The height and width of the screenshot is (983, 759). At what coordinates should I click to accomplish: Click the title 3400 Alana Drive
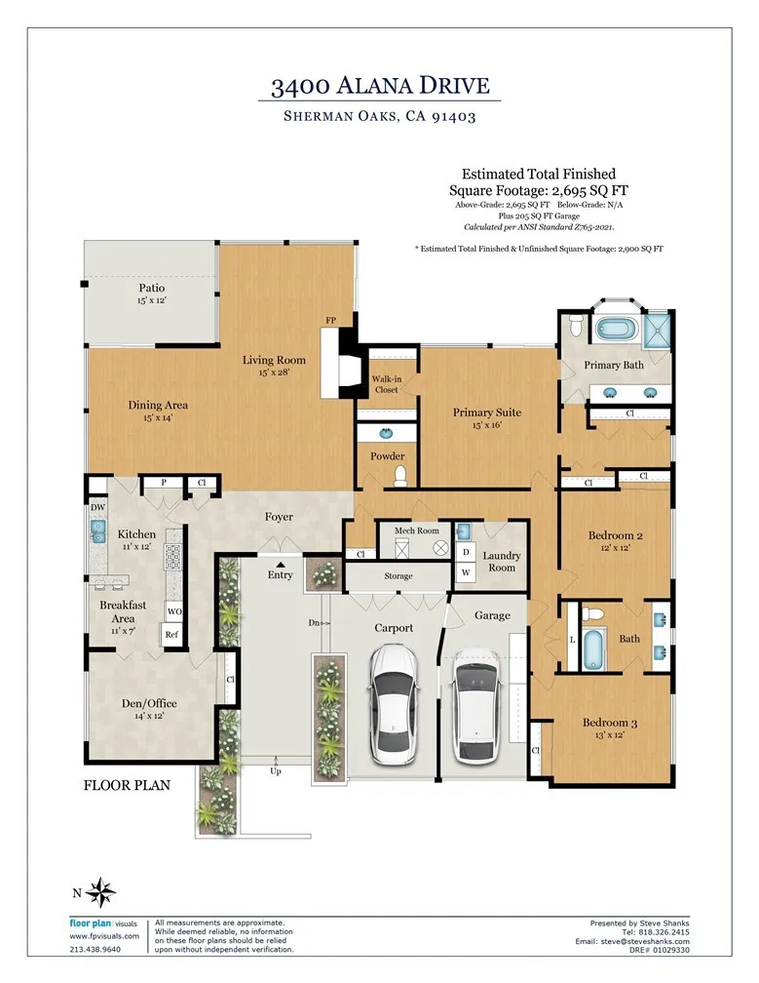click(x=379, y=86)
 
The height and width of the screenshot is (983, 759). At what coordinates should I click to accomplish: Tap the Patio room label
click(x=151, y=288)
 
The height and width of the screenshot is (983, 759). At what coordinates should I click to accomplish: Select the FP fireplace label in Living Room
click(x=331, y=320)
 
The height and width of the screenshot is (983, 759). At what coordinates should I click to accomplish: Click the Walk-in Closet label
click(x=385, y=383)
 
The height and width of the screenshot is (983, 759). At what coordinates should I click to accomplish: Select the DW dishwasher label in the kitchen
click(x=97, y=508)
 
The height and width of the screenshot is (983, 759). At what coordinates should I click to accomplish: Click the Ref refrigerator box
click(x=171, y=635)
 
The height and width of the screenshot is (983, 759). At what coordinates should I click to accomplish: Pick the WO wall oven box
click(x=173, y=611)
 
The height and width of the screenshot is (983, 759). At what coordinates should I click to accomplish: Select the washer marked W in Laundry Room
click(x=466, y=571)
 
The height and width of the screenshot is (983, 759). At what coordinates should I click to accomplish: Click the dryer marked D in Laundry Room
click(x=466, y=551)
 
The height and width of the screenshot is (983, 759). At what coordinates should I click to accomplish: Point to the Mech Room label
click(x=417, y=531)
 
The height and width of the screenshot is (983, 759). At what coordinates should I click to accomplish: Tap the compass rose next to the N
click(x=102, y=891)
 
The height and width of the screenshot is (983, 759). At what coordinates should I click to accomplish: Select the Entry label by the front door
click(x=280, y=575)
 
